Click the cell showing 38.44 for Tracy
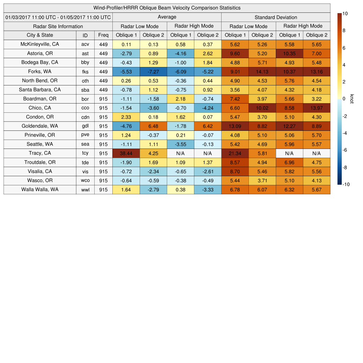126,153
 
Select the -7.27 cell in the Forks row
153,72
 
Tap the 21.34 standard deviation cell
235,153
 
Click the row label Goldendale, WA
40,126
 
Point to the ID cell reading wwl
85,190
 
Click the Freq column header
103,35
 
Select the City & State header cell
40,35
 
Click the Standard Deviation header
276,17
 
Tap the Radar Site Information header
58,26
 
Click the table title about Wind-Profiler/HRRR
167,8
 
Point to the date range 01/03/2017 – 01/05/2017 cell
58,17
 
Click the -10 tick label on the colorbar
346,184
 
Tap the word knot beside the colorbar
352,99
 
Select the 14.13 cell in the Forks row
262,72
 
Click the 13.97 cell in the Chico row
317,108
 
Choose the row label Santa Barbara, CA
40,90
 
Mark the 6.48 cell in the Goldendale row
153,126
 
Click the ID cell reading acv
85,44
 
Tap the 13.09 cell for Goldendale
235,126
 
